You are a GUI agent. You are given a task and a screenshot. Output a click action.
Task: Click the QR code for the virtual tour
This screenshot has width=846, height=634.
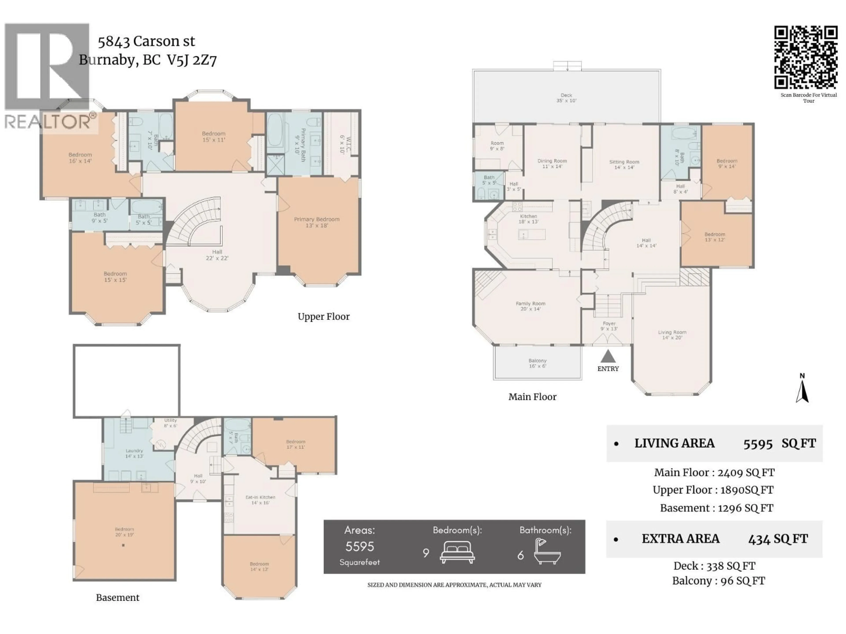806,57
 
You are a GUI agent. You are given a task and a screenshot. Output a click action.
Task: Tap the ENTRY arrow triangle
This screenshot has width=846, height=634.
608,357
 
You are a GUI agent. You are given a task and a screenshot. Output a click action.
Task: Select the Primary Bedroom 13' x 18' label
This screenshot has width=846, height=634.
317,222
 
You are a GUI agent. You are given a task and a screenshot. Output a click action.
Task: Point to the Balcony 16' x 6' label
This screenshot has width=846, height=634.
537,363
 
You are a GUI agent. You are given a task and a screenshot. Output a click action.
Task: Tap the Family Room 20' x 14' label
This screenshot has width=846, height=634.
531,306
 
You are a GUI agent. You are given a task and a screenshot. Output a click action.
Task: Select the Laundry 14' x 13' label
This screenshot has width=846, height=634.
134,453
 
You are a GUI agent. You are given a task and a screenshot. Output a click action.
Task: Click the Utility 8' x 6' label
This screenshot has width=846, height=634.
171,423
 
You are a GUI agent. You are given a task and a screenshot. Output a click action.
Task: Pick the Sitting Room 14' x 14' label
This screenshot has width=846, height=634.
624,164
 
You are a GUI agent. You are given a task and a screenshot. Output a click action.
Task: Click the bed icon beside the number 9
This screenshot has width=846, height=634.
457,552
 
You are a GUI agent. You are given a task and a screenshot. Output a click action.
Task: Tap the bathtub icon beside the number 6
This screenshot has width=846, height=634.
547,552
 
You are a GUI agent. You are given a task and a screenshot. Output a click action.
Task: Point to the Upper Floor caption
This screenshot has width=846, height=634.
324,316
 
